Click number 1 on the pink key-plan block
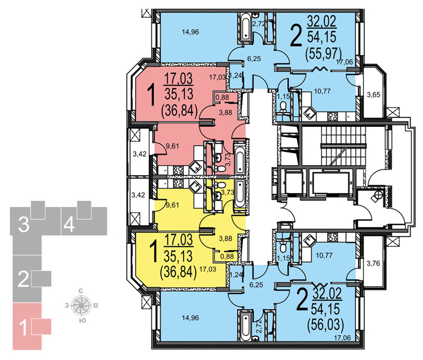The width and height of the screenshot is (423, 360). click(23, 327)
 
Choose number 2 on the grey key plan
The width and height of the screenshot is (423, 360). click(23, 278)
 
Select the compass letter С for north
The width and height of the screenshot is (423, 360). click(82, 291)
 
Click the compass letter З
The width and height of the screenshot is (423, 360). click(68, 306)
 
